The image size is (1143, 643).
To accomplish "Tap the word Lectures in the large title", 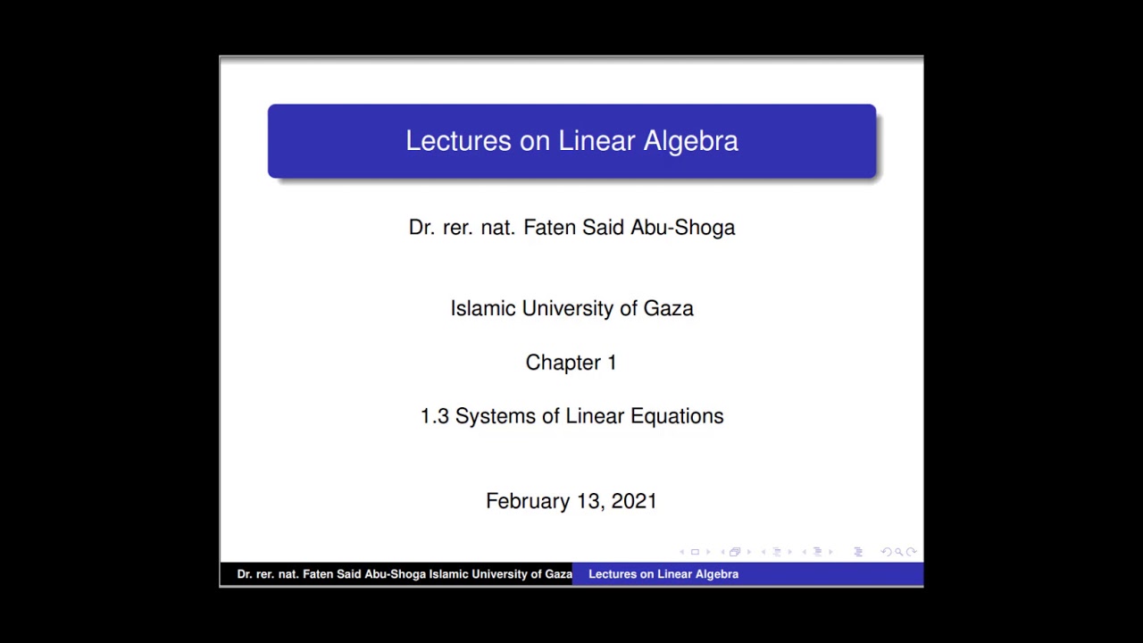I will point(458,141).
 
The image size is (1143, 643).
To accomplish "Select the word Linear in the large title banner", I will point(597,141).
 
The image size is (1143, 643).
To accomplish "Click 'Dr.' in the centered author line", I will point(421,228).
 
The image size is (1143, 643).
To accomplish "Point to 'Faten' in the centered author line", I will point(550,228).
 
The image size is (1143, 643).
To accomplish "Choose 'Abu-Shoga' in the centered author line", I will point(683,228).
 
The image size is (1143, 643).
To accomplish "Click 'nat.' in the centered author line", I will point(497,228).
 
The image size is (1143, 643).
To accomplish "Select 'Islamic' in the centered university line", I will point(483,309).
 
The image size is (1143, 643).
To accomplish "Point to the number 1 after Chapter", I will point(612,363).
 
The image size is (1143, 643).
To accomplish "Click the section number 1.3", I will point(435,416).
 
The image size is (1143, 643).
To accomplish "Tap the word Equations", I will point(677,416).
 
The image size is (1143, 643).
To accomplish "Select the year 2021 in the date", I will point(634,501).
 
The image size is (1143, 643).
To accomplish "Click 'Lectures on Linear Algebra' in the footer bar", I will point(663,574).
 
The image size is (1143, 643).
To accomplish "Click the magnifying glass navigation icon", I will point(898,552).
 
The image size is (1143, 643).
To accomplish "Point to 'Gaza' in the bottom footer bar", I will point(558,574).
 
